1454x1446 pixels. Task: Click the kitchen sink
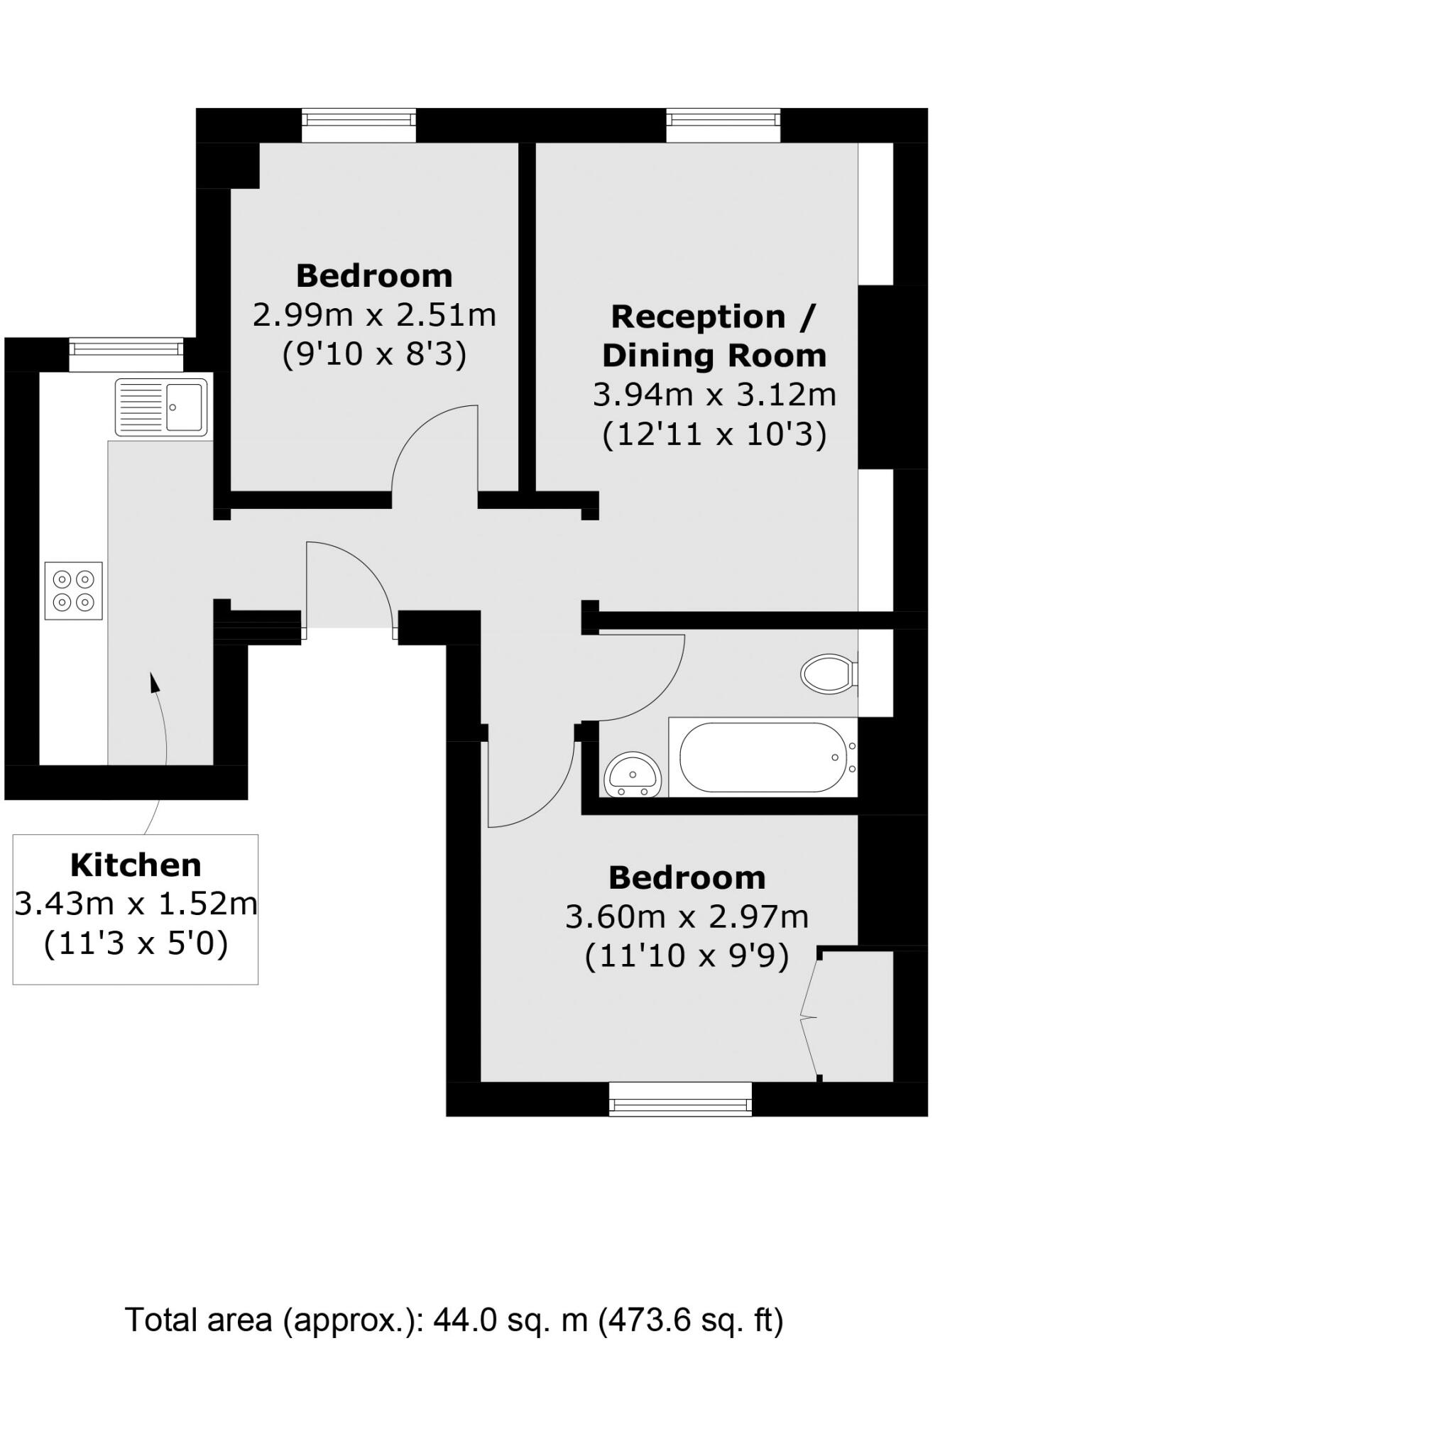tap(161, 407)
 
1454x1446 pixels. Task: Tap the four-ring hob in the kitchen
tap(74, 591)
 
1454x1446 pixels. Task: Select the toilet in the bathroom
tap(829, 674)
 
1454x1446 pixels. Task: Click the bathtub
tap(762, 757)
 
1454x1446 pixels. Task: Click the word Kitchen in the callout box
tap(136, 865)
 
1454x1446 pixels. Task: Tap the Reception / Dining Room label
tap(714, 336)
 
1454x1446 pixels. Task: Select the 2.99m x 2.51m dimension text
tap(374, 314)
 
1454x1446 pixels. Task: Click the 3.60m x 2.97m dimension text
tap(687, 916)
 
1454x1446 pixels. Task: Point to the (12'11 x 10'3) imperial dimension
tap(714, 434)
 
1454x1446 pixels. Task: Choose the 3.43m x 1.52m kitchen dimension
tap(136, 904)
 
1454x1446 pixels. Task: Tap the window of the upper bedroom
tap(359, 125)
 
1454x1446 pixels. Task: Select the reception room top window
tap(723, 125)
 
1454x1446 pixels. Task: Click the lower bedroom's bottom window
tap(680, 1098)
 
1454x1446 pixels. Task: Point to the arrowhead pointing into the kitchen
tap(154, 681)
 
